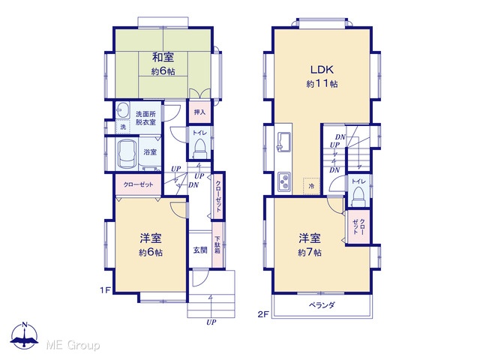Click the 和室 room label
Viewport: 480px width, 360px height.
(x=163, y=57)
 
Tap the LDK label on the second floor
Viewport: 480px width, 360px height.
(x=322, y=70)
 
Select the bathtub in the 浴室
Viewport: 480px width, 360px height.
(x=127, y=154)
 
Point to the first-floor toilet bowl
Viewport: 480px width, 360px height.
(x=199, y=148)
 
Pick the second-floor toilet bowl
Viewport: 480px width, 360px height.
(x=358, y=196)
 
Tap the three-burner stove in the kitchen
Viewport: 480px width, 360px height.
(x=285, y=181)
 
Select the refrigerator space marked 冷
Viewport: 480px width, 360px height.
(x=311, y=185)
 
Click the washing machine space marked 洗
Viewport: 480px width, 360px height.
(x=123, y=127)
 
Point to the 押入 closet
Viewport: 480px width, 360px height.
(x=199, y=112)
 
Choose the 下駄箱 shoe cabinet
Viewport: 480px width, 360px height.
(x=217, y=244)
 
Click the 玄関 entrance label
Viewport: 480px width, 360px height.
(x=200, y=250)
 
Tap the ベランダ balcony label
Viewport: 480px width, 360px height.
(x=322, y=305)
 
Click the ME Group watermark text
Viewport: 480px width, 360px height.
(x=73, y=345)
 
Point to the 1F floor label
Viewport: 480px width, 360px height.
(x=105, y=290)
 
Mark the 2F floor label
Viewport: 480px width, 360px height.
(x=263, y=314)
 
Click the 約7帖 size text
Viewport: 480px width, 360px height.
(x=310, y=252)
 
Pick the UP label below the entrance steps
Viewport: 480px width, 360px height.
(x=211, y=322)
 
